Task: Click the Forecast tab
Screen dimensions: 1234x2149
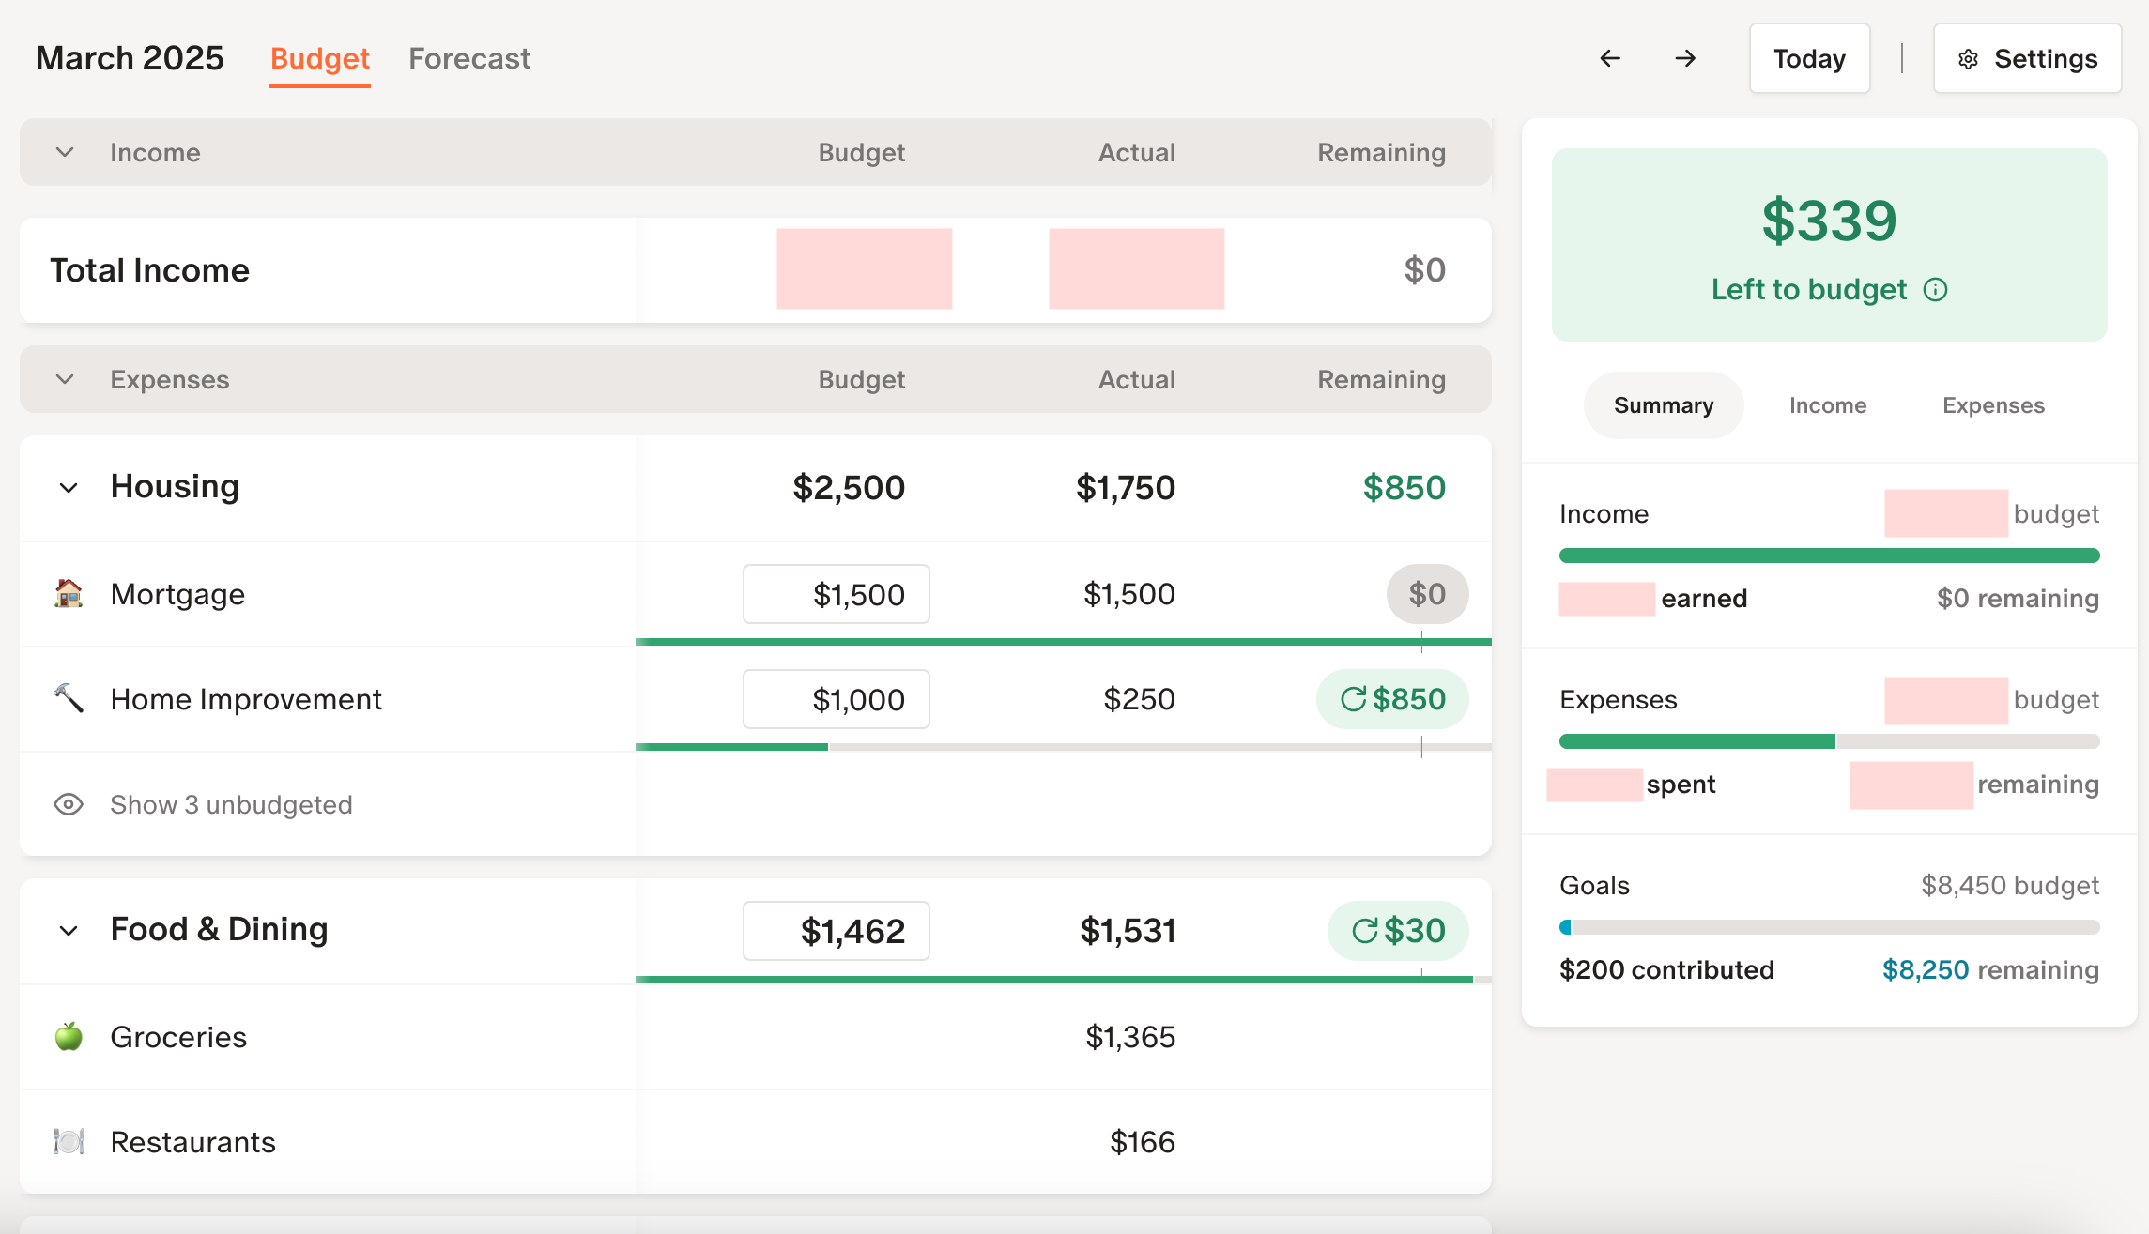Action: tap(468, 58)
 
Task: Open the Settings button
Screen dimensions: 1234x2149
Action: tap(2027, 58)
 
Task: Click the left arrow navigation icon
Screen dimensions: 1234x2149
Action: tap(1610, 58)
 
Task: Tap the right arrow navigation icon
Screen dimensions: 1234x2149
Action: tap(1685, 58)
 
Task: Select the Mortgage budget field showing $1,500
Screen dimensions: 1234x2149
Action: tap(836, 594)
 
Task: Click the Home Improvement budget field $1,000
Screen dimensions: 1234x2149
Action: tap(836, 699)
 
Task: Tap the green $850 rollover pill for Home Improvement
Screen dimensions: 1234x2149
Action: tap(1392, 699)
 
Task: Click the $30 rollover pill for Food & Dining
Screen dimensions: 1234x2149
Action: tap(1398, 931)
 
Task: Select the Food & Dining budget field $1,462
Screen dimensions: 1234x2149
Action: tap(836, 931)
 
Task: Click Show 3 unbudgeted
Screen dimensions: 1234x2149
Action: tap(231, 805)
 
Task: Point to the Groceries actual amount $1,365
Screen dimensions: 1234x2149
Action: tap(1130, 1037)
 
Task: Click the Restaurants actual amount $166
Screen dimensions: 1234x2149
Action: tap(1142, 1142)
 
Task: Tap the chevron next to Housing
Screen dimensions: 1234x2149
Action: tap(69, 488)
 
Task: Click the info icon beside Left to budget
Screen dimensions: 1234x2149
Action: tap(1936, 290)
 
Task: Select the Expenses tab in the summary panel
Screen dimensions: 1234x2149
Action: tap(1993, 405)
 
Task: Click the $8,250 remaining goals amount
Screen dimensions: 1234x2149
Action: tap(1925, 970)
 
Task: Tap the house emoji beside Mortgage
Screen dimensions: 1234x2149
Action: tap(69, 594)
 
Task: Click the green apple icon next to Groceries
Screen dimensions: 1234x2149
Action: tap(69, 1037)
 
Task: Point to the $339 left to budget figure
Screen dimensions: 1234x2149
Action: tap(1829, 221)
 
